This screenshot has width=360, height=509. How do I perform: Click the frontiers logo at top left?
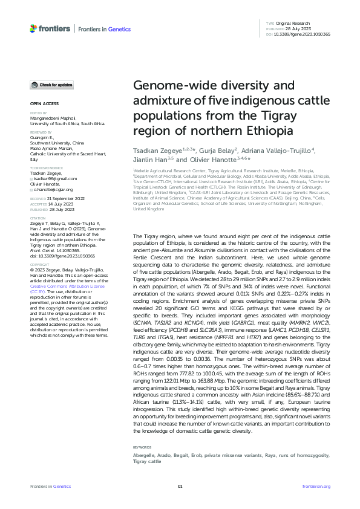point(50,28)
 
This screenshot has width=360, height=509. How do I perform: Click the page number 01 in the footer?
point(180,486)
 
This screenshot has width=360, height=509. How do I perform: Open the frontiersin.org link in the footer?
point(315,486)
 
